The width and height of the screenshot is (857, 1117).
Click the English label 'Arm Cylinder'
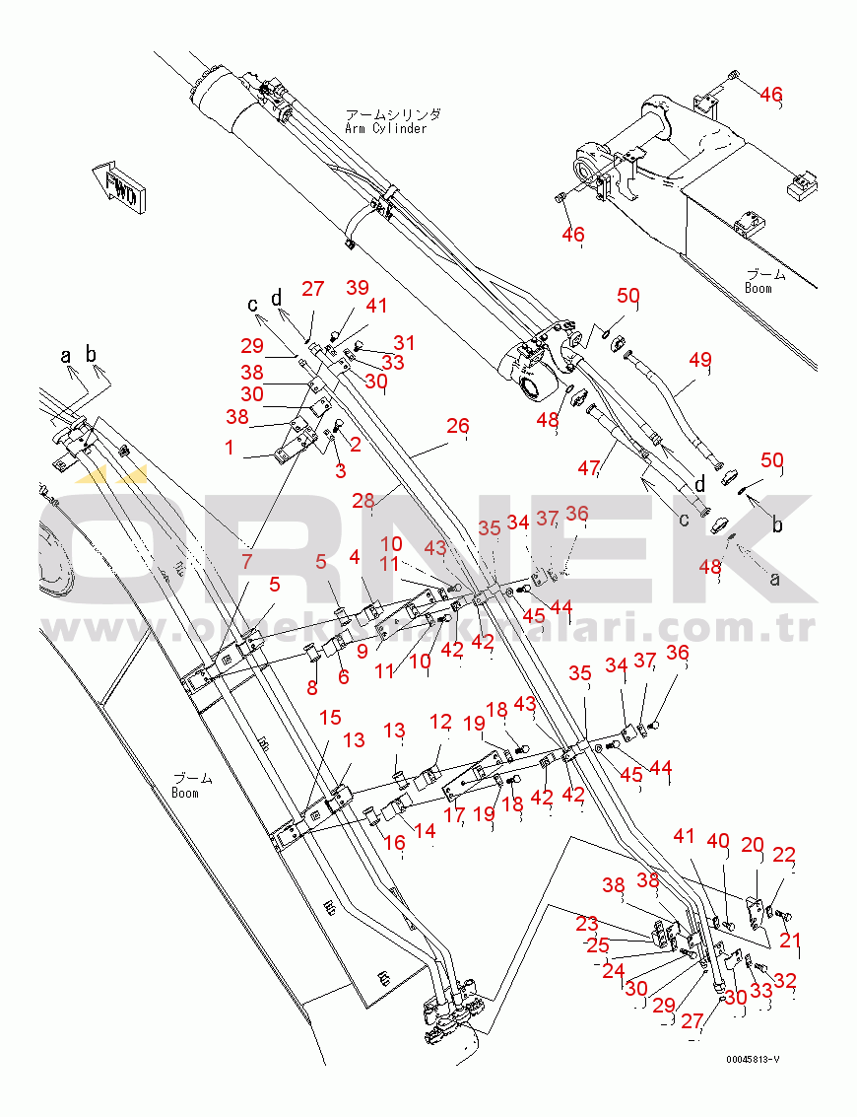[x=385, y=128]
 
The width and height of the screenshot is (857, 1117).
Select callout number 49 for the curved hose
[x=699, y=361]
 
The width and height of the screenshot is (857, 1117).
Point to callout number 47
[x=589, y=467]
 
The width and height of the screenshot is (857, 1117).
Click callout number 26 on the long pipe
[x=458, y=426]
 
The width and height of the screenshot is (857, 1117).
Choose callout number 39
[x=357, y=287]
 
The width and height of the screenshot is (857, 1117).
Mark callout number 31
[x=404, y=342]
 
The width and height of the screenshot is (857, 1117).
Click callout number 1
[x=229, y=448]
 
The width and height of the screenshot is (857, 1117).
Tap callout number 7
[x=246, y=561]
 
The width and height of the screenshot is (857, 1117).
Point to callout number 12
[x=440, y=723]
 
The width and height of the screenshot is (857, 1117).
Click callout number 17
[x=453, y=815]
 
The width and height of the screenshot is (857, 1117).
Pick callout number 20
[x=753, y=844]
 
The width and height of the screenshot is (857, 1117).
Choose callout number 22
[x=784, y=855]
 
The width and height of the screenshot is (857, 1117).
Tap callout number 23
[x=587, y=924]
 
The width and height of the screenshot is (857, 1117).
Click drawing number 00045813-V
[x=753, y=1059]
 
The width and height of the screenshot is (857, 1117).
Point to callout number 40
[x=718, y=841]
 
